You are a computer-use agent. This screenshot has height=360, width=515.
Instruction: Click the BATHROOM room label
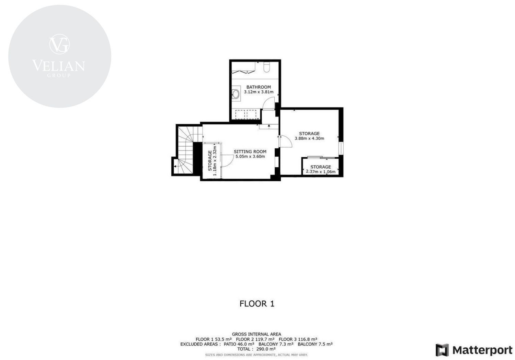pyautogui.click(x=259, y=87)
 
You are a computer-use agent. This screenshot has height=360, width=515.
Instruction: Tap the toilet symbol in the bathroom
pyautogui.click(x=267, y=67)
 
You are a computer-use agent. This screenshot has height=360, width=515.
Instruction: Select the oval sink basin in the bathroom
pyautogui.click(x=236, y=94)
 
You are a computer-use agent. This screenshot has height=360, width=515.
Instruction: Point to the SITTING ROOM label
pyautogui.click(x=250, y=151)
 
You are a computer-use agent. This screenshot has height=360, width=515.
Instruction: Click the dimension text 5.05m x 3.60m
pyautogui.click(x=250, y=157)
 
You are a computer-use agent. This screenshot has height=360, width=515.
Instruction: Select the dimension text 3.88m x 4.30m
pyautogui.click(x=309, y=138)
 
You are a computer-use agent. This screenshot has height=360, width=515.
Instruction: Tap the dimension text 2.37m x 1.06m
pyautogui.click(x=320, y=172)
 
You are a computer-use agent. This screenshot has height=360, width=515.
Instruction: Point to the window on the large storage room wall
pyautogui.click(x=341, y=148)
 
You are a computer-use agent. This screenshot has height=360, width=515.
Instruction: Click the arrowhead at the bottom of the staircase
pyautogui.click(x=175, y=166)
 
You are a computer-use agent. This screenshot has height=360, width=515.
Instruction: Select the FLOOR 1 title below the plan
pyautogui.click(x=257, y=304)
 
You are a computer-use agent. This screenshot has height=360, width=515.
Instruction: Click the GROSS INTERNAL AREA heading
pyautogui.click(x=256, y=334)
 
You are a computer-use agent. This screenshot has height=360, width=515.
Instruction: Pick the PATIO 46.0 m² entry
pyautogui.click(x=239, y=344)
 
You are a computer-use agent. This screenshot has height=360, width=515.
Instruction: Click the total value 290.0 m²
pyautogui.click(x=266, y=349)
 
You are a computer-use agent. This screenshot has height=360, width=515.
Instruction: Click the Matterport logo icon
pyautogui.click(x=442, y=350)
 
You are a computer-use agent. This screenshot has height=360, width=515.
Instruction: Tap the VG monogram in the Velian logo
pyautogui.click(x=59, y=44)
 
